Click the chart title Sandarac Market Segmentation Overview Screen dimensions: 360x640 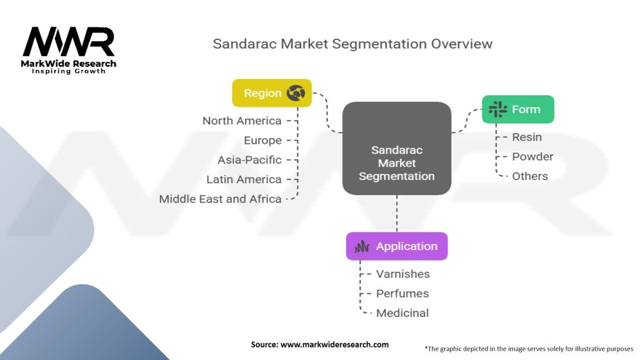(352, 44)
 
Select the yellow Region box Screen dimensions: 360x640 (271, 93)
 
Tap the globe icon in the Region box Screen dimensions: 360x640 (296, 93)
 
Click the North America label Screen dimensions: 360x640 (241, 121)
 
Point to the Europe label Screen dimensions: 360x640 (262, 141)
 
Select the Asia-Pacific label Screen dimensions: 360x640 (249, 160)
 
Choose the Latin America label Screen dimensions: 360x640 (244, 179)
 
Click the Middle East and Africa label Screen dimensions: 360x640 (220, 199)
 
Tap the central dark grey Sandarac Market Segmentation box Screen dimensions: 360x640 (397, 149)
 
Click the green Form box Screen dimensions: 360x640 (517, 109)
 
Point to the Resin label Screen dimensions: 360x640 (527, 137)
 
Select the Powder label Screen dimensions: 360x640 (532, 156)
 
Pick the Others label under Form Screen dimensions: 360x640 (530, 176)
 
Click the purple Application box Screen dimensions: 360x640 (397, 246)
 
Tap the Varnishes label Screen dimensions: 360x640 (402, 274)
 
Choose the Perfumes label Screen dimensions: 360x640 (402, 293)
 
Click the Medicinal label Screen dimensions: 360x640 (402, 313)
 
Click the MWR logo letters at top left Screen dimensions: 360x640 (69, 42)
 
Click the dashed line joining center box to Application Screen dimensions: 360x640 (397, 213)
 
